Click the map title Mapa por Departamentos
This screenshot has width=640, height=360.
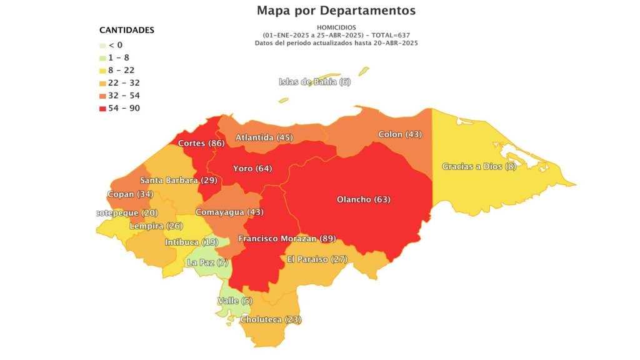pos(336,11)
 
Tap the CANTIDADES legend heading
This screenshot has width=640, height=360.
pos(127,30)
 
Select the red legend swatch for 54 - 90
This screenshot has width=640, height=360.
pos(103,109)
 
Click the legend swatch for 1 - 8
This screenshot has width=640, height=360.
pos(103,57)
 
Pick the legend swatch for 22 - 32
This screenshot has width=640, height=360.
pos(103,83)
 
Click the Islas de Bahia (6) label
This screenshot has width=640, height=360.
pos(315,82)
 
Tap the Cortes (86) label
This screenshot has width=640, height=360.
pos(201,143)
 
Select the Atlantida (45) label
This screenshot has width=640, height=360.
pos(264,137)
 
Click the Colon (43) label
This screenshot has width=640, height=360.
pos(400,134)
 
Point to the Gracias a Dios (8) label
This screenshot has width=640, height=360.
pos(479,166)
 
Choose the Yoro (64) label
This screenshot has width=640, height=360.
pos(252,168)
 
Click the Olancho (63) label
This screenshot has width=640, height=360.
pos(363,199)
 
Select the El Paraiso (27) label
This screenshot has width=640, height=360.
pos(316,259)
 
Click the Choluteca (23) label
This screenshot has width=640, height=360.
pos(271,319)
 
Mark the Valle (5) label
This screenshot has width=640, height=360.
pos(234,301)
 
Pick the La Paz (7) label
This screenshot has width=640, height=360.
pos(208,262)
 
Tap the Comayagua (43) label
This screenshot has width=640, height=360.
pos(229,212)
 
